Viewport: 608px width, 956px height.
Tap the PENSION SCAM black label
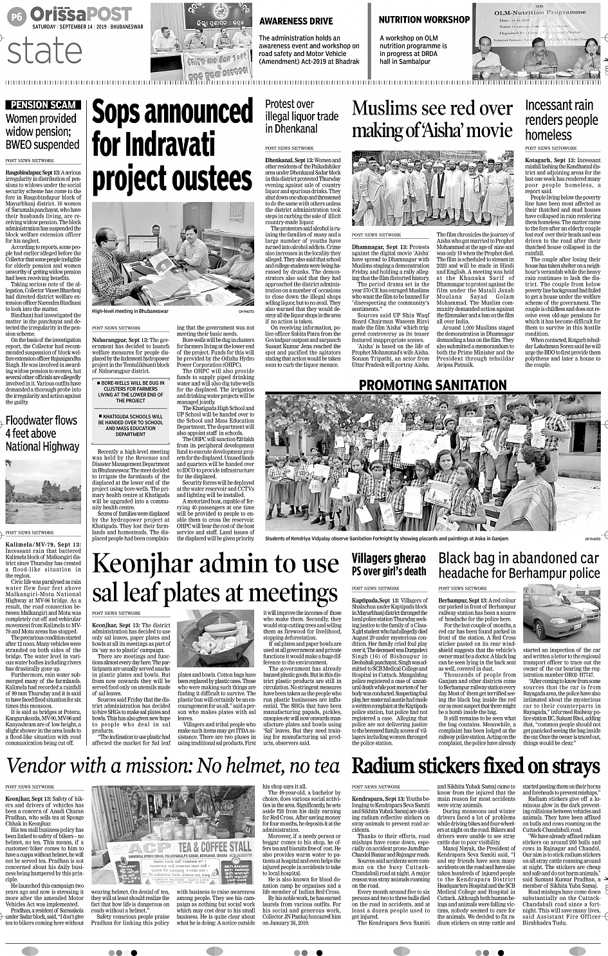coord(43,104)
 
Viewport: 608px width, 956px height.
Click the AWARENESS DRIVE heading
coord(296,21)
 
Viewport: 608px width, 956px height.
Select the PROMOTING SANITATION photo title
coord(432,385)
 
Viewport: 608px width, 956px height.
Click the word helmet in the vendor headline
coord(248,765)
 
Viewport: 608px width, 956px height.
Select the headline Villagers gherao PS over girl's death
coord(389,564)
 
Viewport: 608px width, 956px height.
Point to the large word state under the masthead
coord(46,52)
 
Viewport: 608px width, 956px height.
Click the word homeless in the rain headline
coord(548,135)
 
